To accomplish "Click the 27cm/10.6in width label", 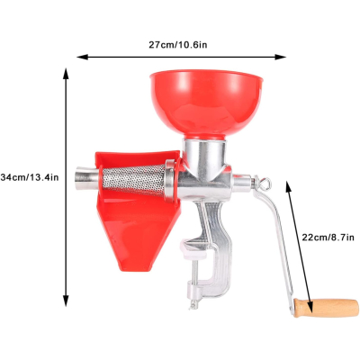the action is [x=178, y=45].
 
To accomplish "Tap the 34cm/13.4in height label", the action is [x=30, y=177].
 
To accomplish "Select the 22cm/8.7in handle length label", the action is [x=328, y=238].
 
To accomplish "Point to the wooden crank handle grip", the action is [x=326, y=308].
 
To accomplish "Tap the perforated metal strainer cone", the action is [x=133, y=180].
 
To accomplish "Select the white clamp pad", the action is [x=194, y=250].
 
